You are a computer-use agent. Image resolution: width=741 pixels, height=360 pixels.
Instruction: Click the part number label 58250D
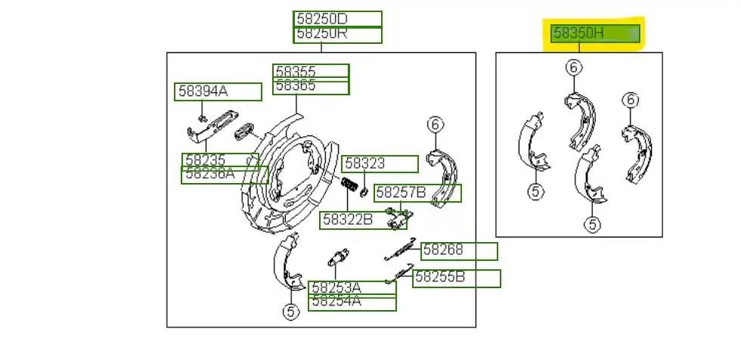tap(337, 20)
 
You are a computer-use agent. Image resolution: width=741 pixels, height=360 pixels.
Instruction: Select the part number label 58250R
tap(337, 35)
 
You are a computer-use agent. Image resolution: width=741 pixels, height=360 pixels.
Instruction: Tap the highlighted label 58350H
tap(595, 33)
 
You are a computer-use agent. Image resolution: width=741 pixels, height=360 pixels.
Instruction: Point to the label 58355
tap(311, 71)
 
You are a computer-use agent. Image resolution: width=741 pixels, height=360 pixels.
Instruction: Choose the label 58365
tap(311, 86)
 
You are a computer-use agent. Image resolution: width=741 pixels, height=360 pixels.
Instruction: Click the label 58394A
tap(218, 92)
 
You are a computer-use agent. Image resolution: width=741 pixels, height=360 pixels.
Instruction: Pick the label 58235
tap(219, 160)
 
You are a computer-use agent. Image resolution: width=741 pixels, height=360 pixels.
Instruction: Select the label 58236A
tap(225, 175)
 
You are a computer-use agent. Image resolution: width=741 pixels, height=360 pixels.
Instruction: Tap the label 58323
tap(379, 163)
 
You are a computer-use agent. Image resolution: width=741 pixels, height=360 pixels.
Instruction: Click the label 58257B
tap(417, 193)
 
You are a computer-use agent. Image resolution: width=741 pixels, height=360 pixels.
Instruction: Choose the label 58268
tap(459, 250)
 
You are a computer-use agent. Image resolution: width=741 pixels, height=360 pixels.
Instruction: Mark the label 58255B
tap(456, 278)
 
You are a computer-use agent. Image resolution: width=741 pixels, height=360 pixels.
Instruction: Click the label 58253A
tap(352, 288)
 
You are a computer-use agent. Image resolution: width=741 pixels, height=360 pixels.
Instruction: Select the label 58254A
tap(352, 303)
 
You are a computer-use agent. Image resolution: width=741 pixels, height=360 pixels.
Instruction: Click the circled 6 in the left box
tap(434, 124)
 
